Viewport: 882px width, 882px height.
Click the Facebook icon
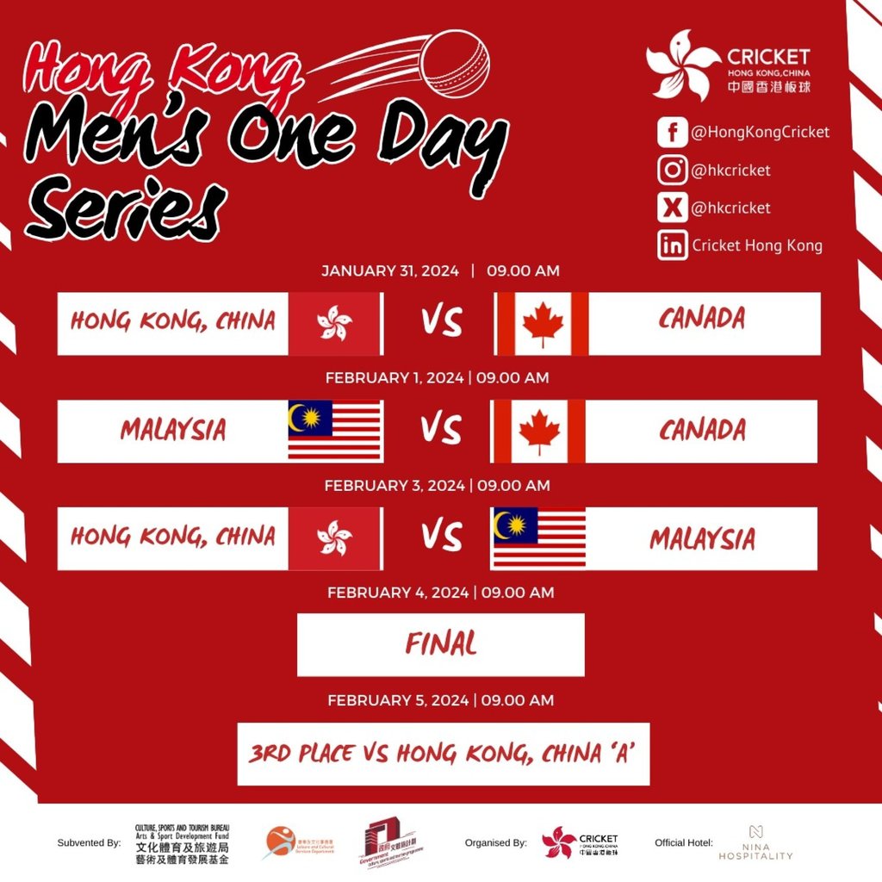click(x=672, y=133)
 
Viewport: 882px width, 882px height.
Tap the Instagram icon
click(x=672, y=170)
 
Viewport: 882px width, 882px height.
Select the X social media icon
click(x=672, y=208)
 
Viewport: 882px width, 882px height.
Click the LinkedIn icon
click(x=672, y=245)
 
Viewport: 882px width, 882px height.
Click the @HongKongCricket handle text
click(x=760, y=132)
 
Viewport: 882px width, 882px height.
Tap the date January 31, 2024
click(x=390, y=270)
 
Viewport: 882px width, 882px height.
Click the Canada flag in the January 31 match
click(x=543, y=324)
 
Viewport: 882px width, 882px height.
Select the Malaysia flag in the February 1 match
click(x=335, y=431)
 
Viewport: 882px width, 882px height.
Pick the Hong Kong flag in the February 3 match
click(x=334, y=538)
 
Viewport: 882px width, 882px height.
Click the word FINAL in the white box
click(x=441, y=644)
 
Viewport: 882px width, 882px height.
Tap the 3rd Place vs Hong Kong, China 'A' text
click(x=443, y=755)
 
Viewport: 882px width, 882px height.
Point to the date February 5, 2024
click(x=399, y=700)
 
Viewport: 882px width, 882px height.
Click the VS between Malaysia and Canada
click(x=441, y=431)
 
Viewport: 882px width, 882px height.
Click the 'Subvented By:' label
click(x=89, y=842)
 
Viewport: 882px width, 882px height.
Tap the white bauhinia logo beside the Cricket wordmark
click(x=683, y=64)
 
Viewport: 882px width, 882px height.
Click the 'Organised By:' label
click(x=495, y=842)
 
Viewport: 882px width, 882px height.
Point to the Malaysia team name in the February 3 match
click(x=702, y=539)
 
